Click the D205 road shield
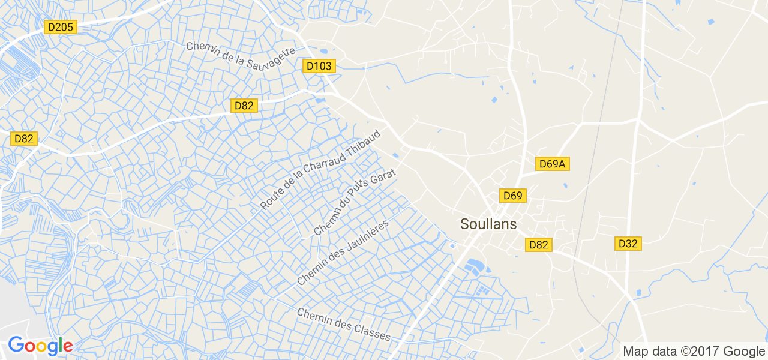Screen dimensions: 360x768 [x=61, y=27]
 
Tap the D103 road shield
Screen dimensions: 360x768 [x=319, y=66]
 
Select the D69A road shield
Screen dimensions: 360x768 [x=552, y=164]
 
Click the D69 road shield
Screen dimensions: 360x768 [x=513, y=196]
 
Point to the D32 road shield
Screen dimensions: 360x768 [x=628, y=244]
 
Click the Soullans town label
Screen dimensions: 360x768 [x=488, y=224]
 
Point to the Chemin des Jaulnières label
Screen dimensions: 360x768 [x=343, y=252]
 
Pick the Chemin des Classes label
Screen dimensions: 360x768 [x=344, y=324]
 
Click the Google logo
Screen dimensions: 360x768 [x=40, y=346]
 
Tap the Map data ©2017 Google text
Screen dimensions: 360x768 [x=694, y=352]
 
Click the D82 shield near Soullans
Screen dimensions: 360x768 [x=539, y=244]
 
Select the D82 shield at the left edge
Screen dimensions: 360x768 [x=24, y=139]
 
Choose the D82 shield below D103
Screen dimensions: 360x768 [x=244, y=106]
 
